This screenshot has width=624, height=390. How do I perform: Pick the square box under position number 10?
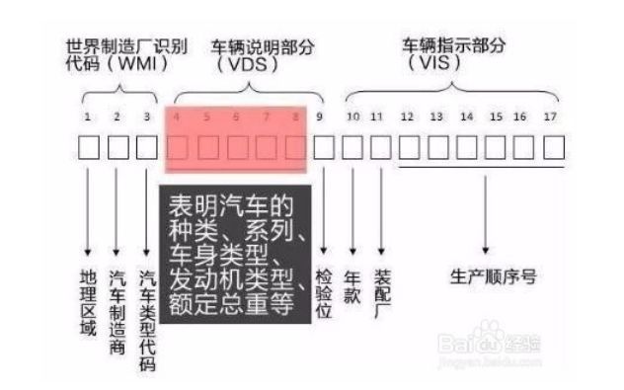(x=351, y=148)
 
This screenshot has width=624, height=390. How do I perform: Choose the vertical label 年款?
(x=353, y=281)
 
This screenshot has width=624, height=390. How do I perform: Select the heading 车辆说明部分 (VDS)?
(x=247, y=54)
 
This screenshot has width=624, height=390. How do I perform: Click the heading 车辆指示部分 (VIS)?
(x=453, y=53)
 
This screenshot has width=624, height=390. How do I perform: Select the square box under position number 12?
(x=408, y=148)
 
